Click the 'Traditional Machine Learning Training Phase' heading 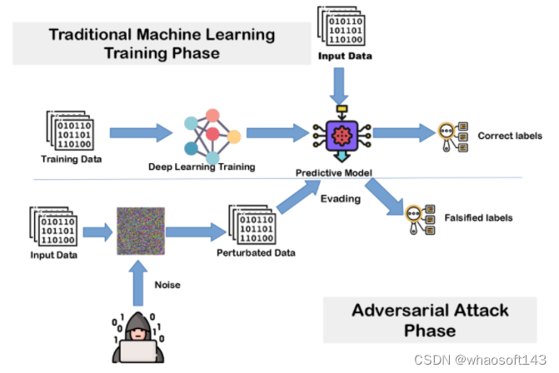[162, 44]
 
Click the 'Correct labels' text [509, 135]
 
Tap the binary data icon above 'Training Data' [70, 130]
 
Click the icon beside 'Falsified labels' [417, 217]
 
